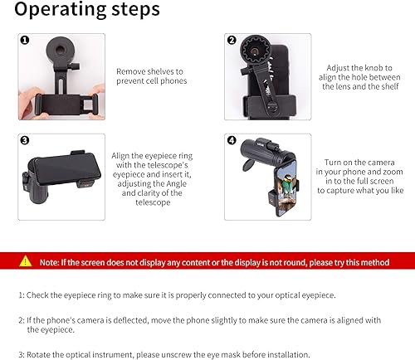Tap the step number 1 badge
pos(25,40)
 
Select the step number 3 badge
pos(25,140)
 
